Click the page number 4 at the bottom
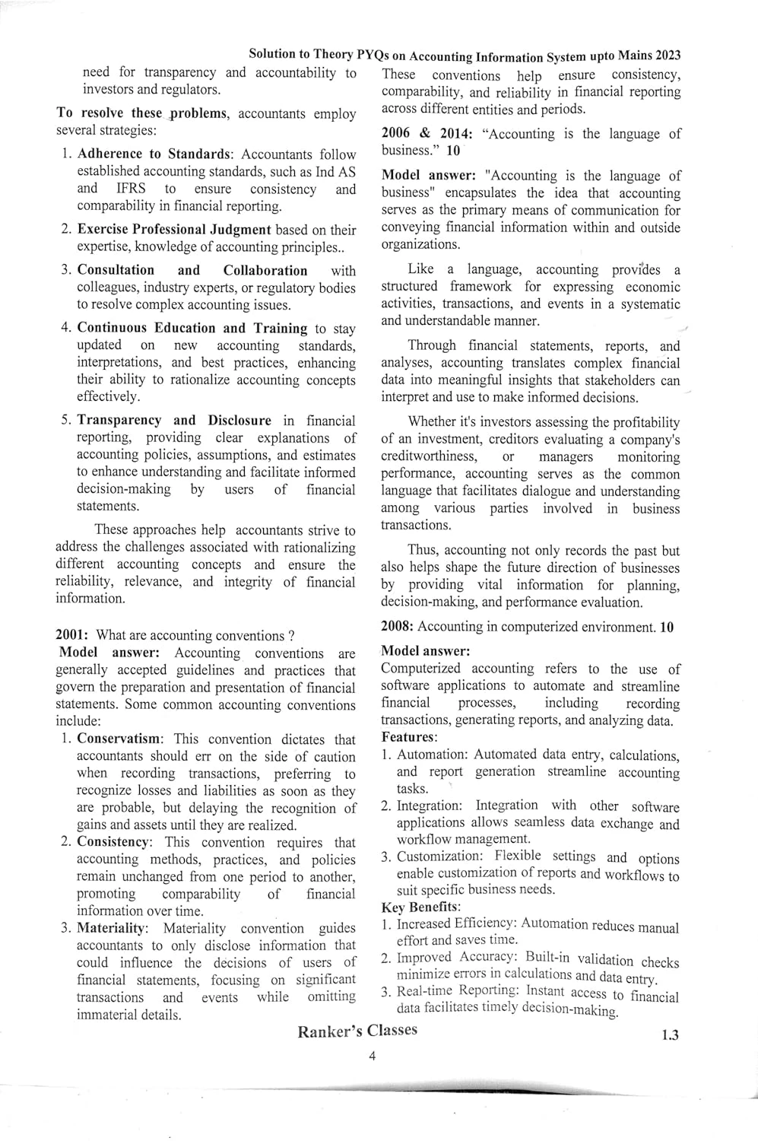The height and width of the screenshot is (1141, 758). [x=373, y=1056]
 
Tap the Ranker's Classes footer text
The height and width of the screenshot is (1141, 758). [x=357, y=1031]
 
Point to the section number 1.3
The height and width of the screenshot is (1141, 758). [x=670, y=1035]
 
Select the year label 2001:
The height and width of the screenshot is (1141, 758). [x=73, y=635]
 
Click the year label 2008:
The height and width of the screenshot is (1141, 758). [x=398, y=627]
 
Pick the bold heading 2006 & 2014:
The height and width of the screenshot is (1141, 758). [x=427, y=134]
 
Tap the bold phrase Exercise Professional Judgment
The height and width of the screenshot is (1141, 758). [x=174, y=229]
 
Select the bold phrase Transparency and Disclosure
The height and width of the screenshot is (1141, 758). [x=174, y=420]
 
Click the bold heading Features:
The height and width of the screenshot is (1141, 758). [x=409, y=737]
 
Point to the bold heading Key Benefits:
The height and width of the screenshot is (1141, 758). [x=420, y=907]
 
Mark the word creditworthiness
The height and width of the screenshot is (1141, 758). [x=429, y=456]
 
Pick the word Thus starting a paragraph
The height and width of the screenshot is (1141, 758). [x=422, y=550]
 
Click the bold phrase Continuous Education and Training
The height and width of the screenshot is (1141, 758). [x=192, y=328]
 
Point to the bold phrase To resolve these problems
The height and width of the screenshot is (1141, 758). [x=142, y=113]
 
